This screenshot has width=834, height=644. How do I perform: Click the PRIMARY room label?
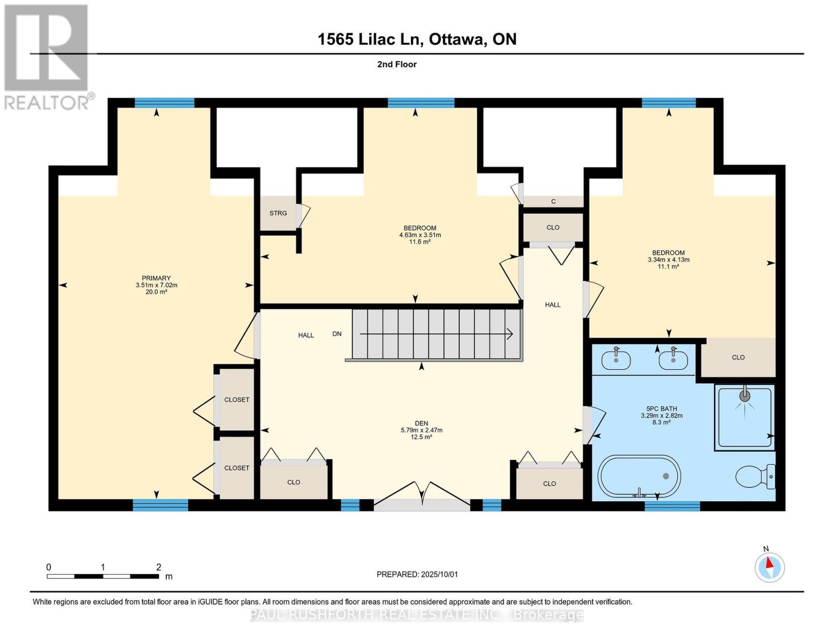pos(156,278)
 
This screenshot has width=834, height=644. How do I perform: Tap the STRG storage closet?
pos(278,213)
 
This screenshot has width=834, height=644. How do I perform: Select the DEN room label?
pos(421,423)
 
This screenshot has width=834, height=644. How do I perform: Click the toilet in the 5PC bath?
pos(755,476)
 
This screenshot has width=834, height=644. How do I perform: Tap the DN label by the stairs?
pos(337,334)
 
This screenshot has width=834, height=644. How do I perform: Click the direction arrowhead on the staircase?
pos(509,334)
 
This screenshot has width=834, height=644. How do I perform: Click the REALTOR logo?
pos(47,56)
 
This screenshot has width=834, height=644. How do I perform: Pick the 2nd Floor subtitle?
pos(397,64)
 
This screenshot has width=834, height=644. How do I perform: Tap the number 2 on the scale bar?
pos(158,567)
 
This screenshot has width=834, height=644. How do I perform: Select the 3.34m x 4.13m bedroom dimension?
pos(668,260)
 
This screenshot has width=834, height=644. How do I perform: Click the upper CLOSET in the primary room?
pos(236,399)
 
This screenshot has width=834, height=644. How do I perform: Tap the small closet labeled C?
pos(553,201)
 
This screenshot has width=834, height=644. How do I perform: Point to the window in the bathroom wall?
pos(672,506)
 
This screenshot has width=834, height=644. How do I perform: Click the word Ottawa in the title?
pos(455,39)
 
